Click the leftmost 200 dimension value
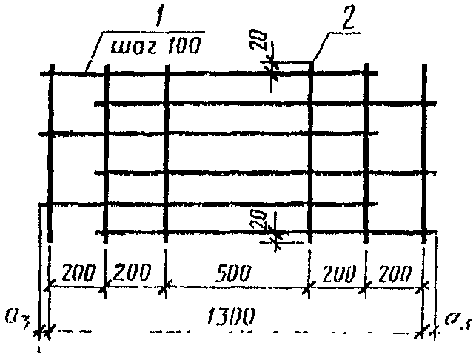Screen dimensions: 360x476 [x=77, y=272]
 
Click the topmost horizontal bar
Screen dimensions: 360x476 [x=215, y=73]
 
